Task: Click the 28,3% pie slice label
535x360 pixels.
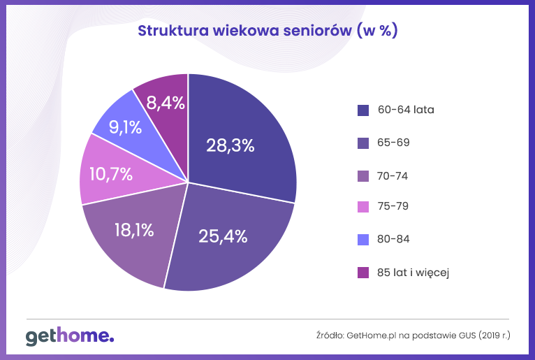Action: [230, 145]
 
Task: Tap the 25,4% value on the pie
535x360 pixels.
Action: [223, 236]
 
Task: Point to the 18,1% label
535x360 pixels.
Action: [134, 229]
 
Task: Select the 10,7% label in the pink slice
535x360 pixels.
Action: [111, 174]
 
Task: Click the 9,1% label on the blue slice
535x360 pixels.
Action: [126, 128]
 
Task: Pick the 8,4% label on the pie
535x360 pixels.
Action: [166, 103]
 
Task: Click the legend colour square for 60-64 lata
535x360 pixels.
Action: [363, 110]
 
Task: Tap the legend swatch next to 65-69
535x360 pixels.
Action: [363, 143]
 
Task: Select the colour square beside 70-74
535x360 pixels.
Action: [363, 175]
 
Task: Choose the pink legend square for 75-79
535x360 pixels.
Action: [363, 208]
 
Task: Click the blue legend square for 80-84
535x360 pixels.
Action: [363, 240]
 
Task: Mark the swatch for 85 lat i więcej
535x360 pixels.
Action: [363, 273]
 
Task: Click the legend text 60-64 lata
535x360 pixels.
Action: [406, 110]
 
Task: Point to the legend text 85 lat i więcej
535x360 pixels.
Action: [413, 272]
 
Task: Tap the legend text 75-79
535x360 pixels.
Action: [393, 207]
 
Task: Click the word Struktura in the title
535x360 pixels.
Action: [168, 31]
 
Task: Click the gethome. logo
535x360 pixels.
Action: [70, 336]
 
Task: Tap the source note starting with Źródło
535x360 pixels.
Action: [413, 336]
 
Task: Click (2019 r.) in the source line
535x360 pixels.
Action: [494, 336]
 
